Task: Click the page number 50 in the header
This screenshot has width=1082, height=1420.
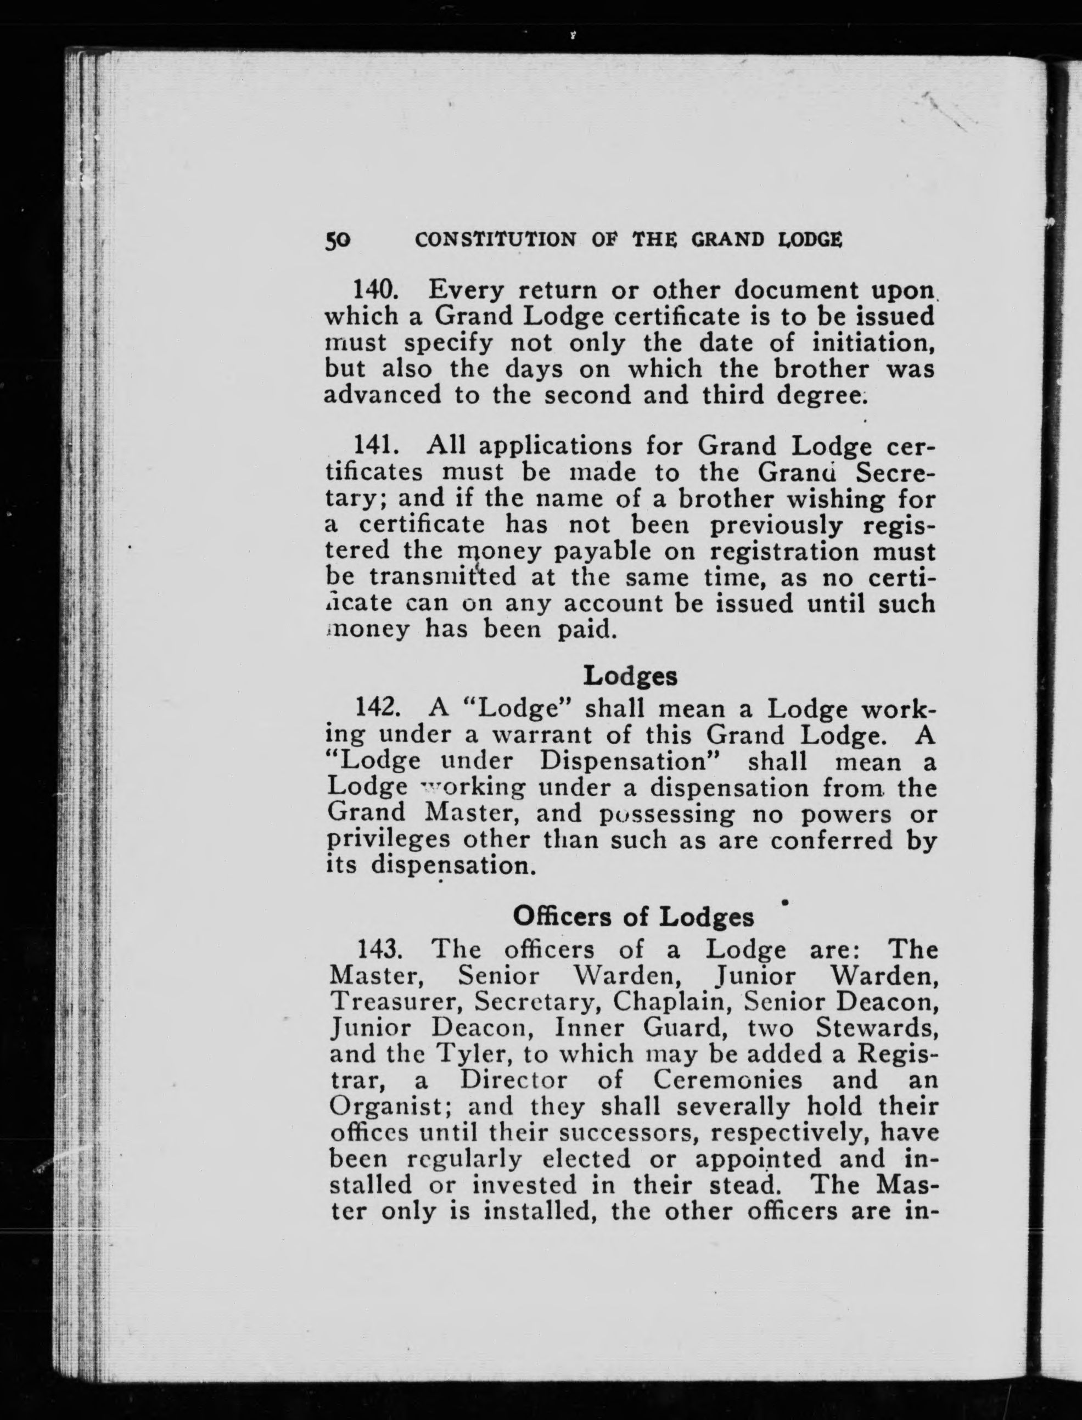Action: (x=338, y=240)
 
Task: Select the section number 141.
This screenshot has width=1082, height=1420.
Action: (x=379, y=445)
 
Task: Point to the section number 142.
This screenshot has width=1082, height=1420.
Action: (x=379, y=709)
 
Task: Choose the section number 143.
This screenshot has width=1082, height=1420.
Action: (x=380, y=950)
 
